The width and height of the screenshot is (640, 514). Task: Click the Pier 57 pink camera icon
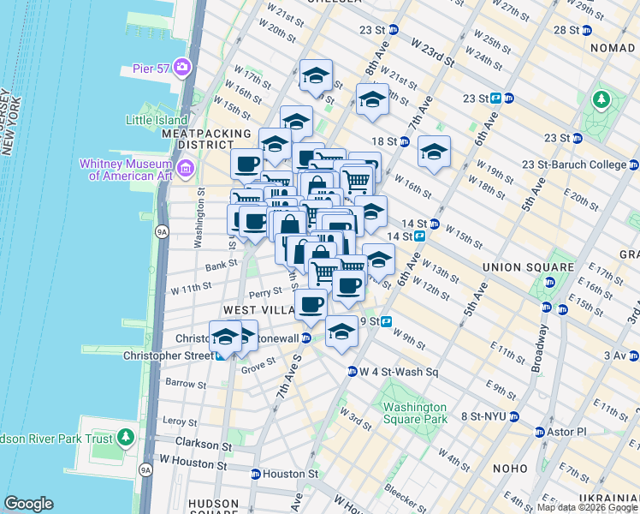tap(181, 67)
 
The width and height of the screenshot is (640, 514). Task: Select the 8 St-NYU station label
tap(483, 416)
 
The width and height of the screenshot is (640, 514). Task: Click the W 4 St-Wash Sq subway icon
tap(352, 372)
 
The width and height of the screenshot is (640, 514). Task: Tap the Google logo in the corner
tap(28, 504)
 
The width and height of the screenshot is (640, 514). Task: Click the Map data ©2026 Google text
tap(587, 507)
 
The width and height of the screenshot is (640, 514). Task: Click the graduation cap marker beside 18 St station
tap(434, 152)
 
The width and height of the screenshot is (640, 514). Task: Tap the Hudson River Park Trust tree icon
tap(127, 439)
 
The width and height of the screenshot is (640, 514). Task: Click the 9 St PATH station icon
tap(387, 322)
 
